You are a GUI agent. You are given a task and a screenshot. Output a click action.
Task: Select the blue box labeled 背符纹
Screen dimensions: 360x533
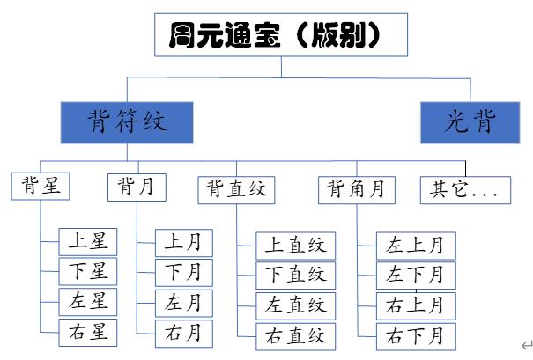[126, 121]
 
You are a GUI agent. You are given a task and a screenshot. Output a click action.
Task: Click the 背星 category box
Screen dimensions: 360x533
[41, 187]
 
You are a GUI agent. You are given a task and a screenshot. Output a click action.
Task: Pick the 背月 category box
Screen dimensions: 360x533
[136, 187]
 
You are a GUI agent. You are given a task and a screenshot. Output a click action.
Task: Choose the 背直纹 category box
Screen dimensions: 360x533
[236, 189]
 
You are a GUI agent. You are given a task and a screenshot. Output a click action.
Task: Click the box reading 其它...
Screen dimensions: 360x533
[464, 189]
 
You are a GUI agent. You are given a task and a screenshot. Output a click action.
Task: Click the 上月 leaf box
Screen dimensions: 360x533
[183, 242]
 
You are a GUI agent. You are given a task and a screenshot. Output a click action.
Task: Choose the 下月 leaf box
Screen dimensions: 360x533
[183, 272]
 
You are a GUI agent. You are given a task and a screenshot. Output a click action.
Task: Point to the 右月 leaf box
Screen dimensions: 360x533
[183, 333]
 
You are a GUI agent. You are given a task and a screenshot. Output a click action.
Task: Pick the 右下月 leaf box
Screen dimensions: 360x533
[416, 335]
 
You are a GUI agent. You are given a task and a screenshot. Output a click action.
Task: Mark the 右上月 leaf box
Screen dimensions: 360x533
[416, 305]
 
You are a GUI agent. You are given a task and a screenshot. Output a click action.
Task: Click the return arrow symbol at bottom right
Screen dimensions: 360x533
[526, 346]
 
